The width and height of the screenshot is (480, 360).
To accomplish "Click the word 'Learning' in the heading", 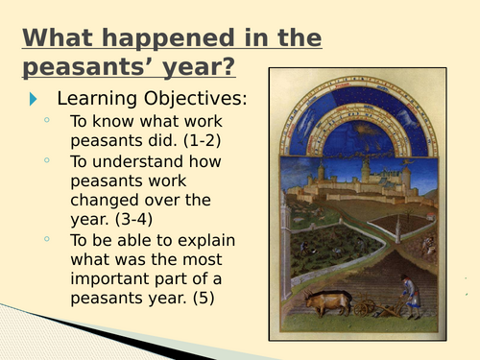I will click(x=93, y=98).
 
